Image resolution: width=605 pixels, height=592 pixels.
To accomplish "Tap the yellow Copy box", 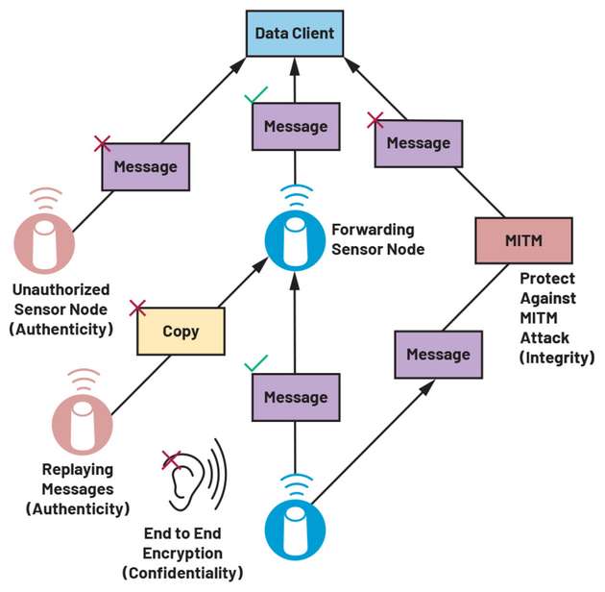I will pyautogui.click(x=181, y=331).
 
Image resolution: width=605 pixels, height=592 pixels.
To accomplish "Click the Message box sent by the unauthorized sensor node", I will pyautogui.click(x=145, y=166).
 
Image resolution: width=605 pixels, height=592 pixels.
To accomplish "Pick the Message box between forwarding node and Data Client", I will pyautogui.click(x=295, y=126).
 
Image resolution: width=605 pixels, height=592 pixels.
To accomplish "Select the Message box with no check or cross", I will pyautogui.click(x=438, y=354).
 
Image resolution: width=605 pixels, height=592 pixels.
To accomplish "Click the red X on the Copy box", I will pyautogui.click(x=137, y=308).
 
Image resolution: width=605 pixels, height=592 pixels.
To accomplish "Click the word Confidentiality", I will pyautogui.click(x=182, y=574).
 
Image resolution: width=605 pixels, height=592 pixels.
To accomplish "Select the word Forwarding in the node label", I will pyautogui.click(x=372, y=230).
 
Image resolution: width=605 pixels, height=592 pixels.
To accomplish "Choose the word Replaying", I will pyautogui.click(x=77, y=470).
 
